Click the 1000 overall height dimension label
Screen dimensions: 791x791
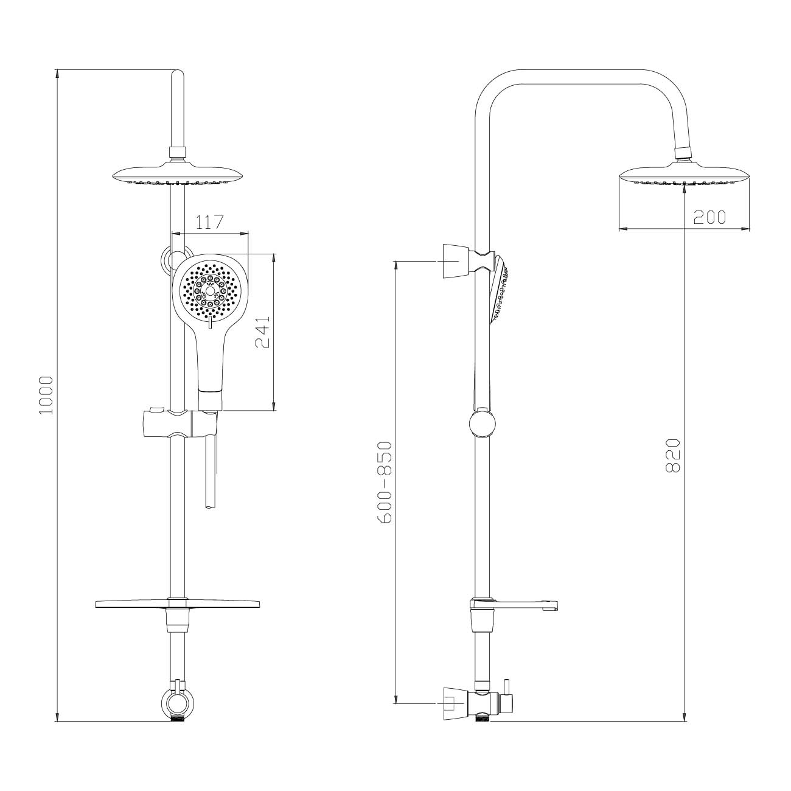coord(46,395)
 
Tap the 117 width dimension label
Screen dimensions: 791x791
coord(209,222)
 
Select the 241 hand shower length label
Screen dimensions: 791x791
coord(263,332)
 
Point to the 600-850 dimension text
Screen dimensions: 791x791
coord(385,482)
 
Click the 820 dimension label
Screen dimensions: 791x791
coord(673,456)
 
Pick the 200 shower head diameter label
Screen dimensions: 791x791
coord(709,217)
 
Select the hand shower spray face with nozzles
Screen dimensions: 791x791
coord(210,292)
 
